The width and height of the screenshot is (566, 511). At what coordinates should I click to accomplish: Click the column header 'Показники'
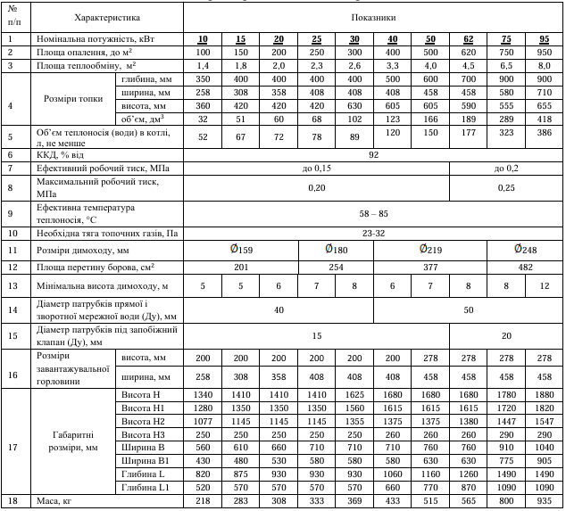tap(373, 17)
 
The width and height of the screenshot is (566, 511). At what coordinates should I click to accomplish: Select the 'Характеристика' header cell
tap(107, 17)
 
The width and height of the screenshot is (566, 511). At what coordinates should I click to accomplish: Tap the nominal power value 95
tap(544, 40)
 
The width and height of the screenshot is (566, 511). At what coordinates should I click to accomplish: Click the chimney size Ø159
tap(240, 249)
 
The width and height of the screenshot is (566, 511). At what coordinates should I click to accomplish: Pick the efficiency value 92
tap(373, 154)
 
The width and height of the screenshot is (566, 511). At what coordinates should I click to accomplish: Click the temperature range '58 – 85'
tap(373, 214)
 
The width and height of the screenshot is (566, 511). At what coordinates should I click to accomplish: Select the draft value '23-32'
tap(373, 234)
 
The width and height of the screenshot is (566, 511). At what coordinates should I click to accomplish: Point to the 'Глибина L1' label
tap(145, 488)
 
